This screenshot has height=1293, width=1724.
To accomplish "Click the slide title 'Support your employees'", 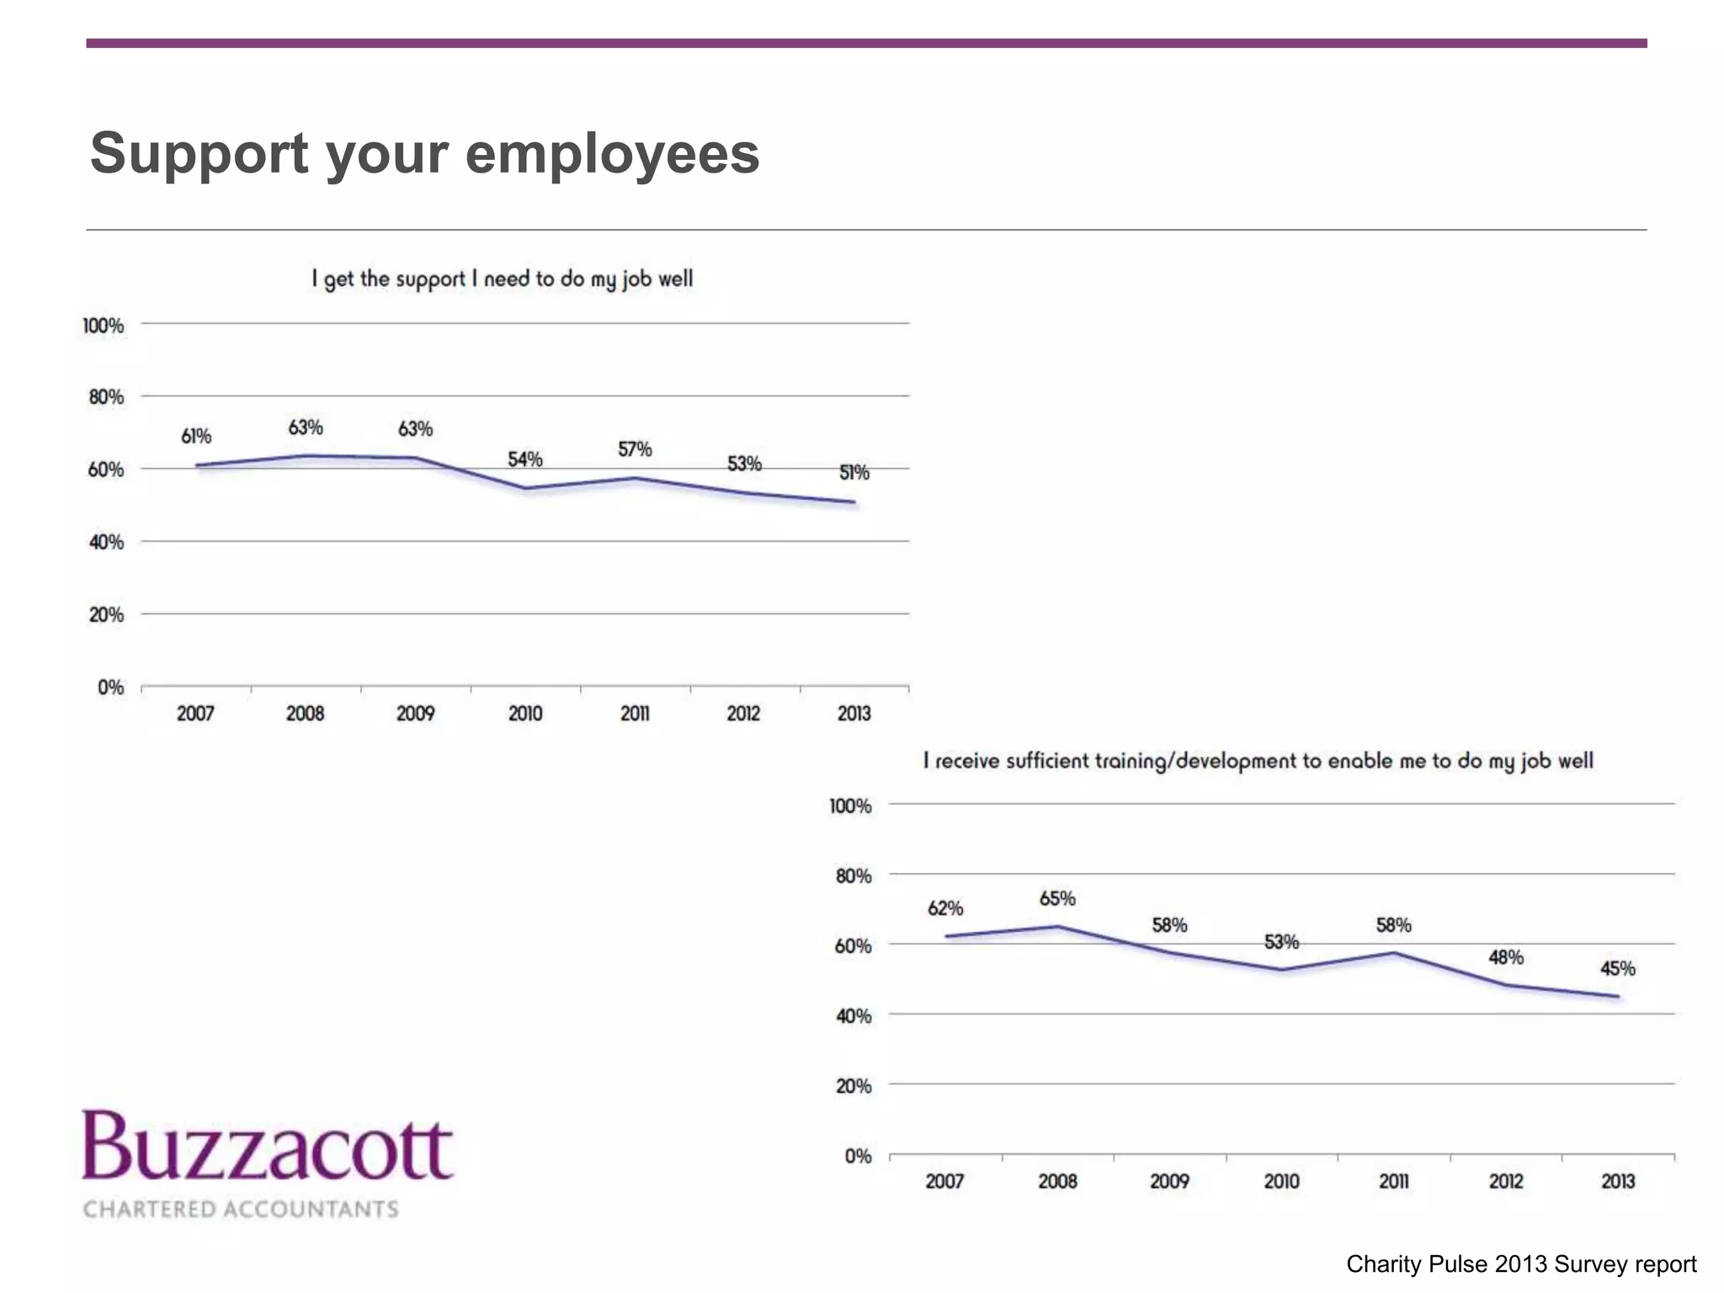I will [x=424, y=154].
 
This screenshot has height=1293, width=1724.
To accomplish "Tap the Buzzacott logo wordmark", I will [x=268, y=1147].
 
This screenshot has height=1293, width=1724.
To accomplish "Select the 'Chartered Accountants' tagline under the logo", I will [x=241, y=1209].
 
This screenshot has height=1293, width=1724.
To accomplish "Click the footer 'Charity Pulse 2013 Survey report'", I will [x=1520, y=1264].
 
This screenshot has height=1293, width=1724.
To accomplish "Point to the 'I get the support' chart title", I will [x=503, y=279].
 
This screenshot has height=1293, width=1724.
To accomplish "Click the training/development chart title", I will [x=1258, y=761].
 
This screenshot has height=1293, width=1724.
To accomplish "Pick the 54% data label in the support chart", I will [x=524, y=460].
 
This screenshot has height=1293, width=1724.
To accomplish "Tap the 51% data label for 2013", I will [x=854, y=473].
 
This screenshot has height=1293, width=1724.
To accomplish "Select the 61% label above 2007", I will [x=196, y=436].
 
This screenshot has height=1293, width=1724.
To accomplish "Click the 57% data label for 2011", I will [x=635, y=450].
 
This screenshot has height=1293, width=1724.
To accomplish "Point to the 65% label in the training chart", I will [x=1057, y=899].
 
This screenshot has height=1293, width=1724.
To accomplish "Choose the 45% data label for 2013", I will [x=1617, y=969].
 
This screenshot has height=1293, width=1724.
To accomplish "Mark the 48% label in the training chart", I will [x=1505, y=957].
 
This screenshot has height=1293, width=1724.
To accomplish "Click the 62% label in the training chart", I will [x=945, y=908].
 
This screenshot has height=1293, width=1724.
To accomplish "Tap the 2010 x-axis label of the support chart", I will [x=525, y=714].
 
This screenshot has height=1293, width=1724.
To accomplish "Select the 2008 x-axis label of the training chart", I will [x=1057, y=1181].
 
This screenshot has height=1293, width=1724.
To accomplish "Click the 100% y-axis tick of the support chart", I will [x=104, y=326].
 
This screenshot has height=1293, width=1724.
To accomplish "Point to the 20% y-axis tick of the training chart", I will [x=854, y=1086].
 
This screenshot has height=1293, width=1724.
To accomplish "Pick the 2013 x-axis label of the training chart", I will [x=1617, y=1181].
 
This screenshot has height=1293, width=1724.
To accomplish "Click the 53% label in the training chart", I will [x=1281, y=942].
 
